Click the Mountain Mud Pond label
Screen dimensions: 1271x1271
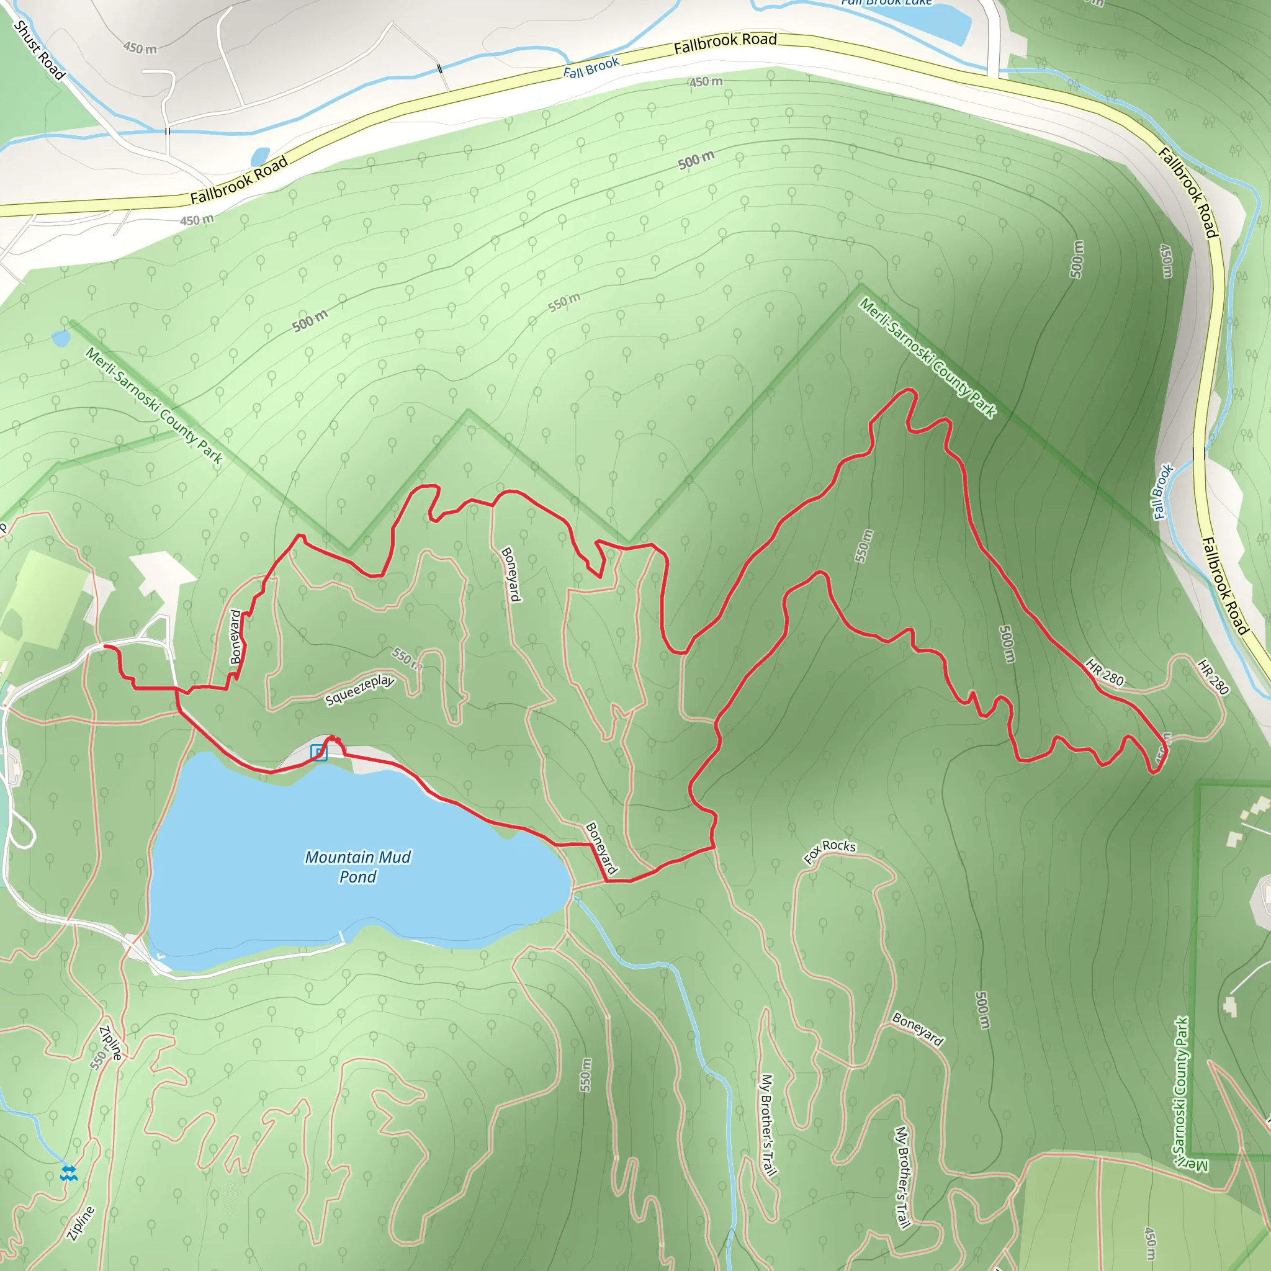pyautogui.click(x=357, y=866)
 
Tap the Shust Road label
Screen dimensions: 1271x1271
pyautogui.click(x=40, y=50)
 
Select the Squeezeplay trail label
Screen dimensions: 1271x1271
pyautogui.click(x=359, y=689)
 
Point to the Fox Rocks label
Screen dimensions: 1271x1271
pyautogui.click(x=830, y=851)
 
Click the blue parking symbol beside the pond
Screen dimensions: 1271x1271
pyautogui.click(x=318, y=752)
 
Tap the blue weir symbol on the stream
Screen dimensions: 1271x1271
pyautogui.click(x=68, y=1172)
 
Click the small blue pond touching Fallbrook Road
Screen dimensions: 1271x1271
pyautogui.click(x=260, y=156)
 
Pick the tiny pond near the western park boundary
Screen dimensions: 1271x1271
pyautogui.click(x=61, y=338)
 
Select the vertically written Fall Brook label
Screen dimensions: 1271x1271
pyautogui.click(x=1163, y=492)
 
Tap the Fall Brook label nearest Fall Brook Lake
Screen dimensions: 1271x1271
pyautogui.click(x=591, y=68)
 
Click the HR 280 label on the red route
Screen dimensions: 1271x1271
pyautogui.click(x=1105, y=672)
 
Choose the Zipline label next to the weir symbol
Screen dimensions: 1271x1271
pyautogui.click(x=81, y=1223)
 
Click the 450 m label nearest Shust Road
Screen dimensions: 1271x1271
pyautogui.click(x=140, y=47)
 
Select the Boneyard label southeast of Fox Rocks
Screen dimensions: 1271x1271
pyautogui.click(x=918, y=1029)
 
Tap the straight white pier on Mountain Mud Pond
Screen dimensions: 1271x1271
pyautogui.click(x=341, y=936)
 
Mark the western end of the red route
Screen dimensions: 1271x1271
pyautogui.click(x=106, y=646)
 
